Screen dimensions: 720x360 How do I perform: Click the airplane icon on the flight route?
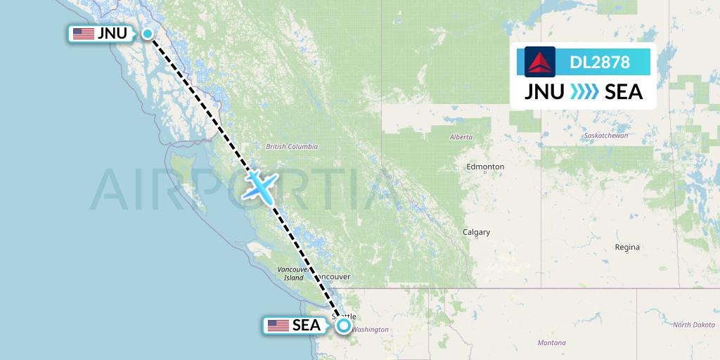[x=259, y=185]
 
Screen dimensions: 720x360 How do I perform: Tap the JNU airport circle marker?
[x=148, y=34]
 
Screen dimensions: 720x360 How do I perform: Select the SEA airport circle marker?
[x=343, y=325]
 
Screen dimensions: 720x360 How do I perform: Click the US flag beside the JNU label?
[x=83, y=34]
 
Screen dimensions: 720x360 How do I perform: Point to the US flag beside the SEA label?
[x=278, y=325]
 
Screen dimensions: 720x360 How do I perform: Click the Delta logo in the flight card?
[x=540, y=62]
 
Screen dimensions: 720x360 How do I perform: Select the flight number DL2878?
[x=600, y=63]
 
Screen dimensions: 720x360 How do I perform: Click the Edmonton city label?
[x=485, y=167]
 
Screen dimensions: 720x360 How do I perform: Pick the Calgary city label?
[x=476, y=232]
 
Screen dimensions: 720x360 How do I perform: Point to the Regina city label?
[x=627, y=247]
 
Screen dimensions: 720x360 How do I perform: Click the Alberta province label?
[x=461, y=137]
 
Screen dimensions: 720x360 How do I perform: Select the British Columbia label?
[x=292, y=147]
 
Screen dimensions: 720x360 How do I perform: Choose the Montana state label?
[x=551, y=342]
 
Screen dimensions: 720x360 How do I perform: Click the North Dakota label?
[x=693, y=325]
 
